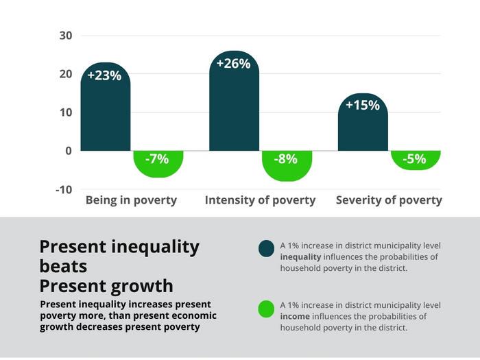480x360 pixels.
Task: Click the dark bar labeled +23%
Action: (x=105, y=110)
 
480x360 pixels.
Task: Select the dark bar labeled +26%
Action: (x=234, y=103)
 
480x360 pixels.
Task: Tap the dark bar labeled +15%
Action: (x=363, y=123)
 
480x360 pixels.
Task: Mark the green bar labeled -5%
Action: (x=416, y=160)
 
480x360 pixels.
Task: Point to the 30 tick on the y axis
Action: (x=65, y=35)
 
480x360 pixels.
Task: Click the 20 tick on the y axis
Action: (x=65, y=73)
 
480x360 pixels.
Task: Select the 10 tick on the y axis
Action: (x=65, y=112)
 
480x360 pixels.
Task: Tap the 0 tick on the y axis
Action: (x=69, y=150)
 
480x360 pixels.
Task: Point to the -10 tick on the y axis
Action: (x=64, y=189)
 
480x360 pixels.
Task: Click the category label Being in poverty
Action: (x=131, y=200)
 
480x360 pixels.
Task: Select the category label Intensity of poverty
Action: (x=260, y=200)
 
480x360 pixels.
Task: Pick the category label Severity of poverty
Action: (x=389, y=200)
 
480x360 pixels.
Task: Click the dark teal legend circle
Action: (x=266, y=249)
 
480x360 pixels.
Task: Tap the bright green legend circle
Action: (x=266, y=309)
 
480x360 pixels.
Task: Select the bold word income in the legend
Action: (x=296, y=316)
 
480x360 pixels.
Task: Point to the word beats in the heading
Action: (x=64, y=265)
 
